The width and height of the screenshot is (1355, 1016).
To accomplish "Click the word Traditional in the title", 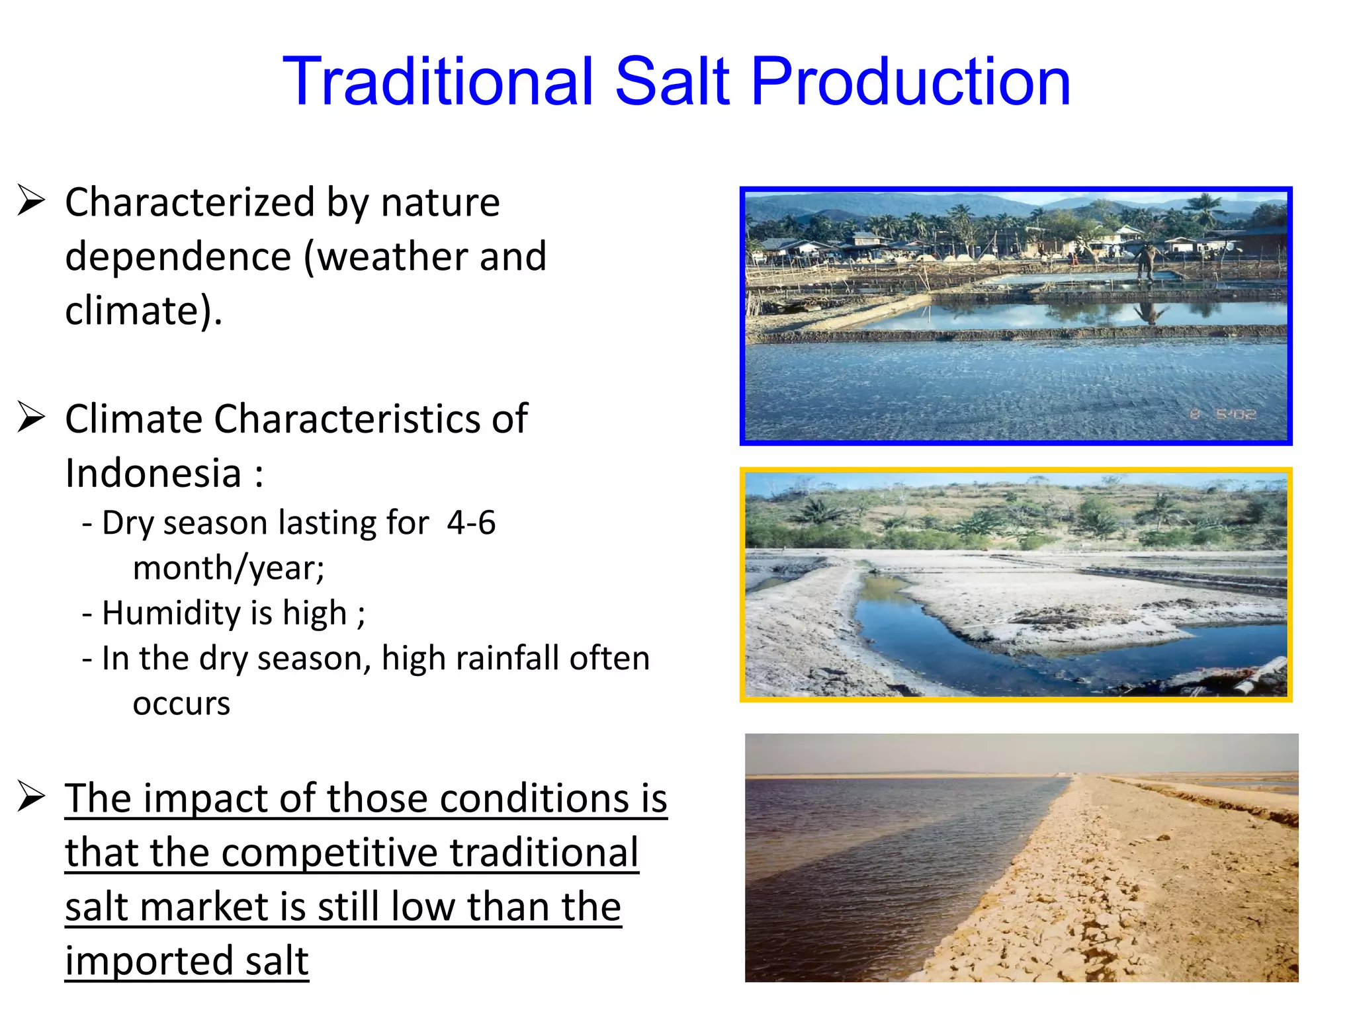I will (x=437, y=81).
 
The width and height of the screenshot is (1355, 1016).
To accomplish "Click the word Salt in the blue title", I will (x=673, y=81).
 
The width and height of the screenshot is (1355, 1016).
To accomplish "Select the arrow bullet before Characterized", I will (x=31, y=201).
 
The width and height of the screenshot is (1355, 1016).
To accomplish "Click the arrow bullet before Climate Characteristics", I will (x=31, y=417).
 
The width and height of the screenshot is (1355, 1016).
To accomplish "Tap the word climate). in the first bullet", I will (x=144, y=311).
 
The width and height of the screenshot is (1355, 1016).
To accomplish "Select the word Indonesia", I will (x=153, y=474).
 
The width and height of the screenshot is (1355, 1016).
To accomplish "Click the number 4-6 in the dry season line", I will (x=471, y=523).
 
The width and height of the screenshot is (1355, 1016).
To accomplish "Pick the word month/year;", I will (x=228, y=568).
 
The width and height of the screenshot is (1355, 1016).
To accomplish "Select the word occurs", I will (x=181, y=704).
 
